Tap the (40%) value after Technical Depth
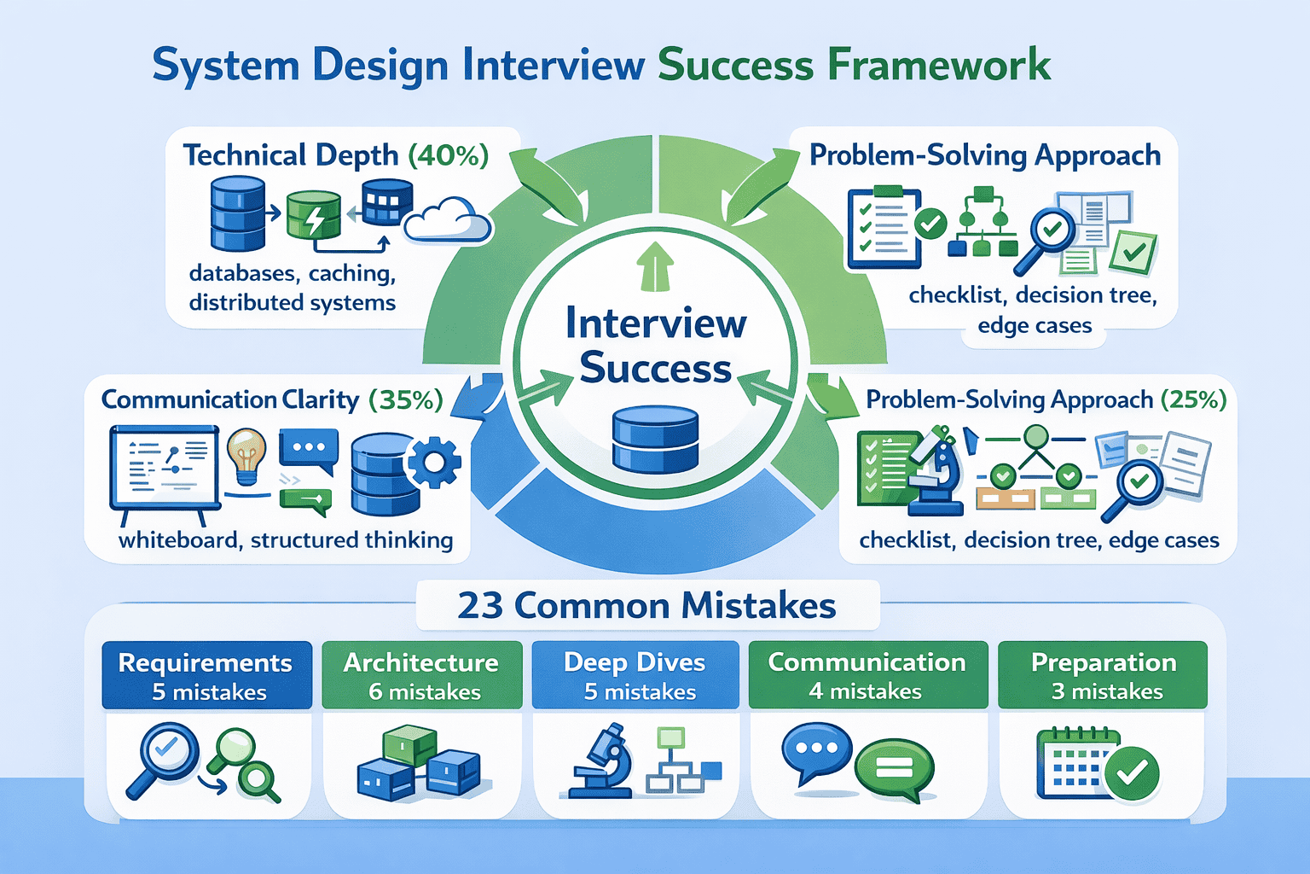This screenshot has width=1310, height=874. point(449,155)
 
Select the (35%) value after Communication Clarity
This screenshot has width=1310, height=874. point(406,399)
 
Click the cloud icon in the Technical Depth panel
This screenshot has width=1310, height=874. point(447,221)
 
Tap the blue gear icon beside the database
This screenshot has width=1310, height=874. point(434,462)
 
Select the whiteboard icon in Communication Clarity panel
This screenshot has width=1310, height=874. point(164,474)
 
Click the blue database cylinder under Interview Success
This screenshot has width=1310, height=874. point(655,440)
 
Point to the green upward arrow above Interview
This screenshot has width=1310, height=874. point(655,266)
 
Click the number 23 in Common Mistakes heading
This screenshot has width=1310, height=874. point(480,606)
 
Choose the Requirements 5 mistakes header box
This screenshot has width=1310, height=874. point(206,675)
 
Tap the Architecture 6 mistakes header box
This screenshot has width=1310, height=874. point(421,675)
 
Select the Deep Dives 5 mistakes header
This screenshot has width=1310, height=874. point(635,675)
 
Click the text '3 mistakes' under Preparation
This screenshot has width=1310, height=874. point(1107,691)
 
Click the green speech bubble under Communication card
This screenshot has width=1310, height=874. point(894,768)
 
